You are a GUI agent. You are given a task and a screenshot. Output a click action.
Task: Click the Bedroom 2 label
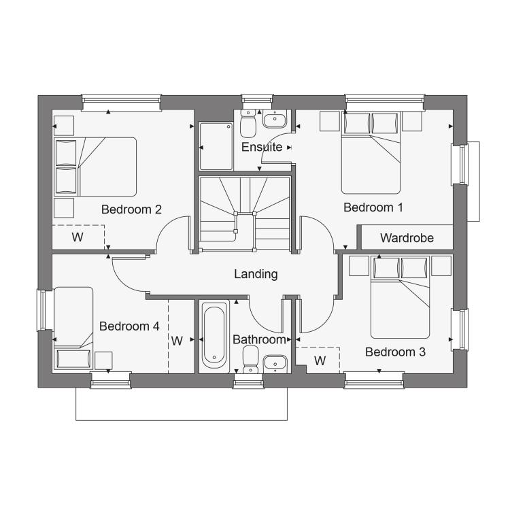click(131, 209)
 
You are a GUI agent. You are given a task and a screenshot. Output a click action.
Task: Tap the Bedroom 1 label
click(373, 207)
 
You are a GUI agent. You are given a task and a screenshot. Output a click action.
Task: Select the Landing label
click(256, 274)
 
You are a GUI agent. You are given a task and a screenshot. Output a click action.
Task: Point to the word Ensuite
click(262, 147)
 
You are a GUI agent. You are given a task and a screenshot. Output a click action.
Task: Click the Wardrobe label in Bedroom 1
click(407, 238)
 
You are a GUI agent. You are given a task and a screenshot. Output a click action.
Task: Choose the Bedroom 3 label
click(395, 352)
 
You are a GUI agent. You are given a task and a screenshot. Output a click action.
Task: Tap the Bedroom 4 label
click(129, 326)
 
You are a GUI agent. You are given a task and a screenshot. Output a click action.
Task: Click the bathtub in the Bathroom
click(214, 335)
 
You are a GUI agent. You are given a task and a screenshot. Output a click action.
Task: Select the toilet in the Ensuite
click(248, 124)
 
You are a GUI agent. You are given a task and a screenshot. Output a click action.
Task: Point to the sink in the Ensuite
click(275, 119)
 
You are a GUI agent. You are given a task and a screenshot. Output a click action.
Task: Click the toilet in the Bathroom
click(250, 360)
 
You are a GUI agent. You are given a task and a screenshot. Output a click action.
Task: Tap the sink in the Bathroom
click(275, 364)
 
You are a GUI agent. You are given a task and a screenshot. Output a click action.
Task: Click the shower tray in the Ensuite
click(216, 146)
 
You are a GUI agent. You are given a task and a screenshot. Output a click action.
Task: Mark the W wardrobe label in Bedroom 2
click(78, 237)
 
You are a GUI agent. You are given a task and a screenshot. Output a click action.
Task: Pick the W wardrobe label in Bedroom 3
click(320, 360)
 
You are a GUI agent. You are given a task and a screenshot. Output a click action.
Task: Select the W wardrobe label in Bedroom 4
click(177, 341)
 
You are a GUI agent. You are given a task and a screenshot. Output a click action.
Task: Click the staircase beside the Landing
click(245, 214)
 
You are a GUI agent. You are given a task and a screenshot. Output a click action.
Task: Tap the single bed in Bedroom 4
click(73, 328)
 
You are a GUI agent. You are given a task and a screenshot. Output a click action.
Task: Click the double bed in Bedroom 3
click(400, 297)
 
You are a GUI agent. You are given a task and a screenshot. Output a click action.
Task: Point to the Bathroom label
click(259, 339)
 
